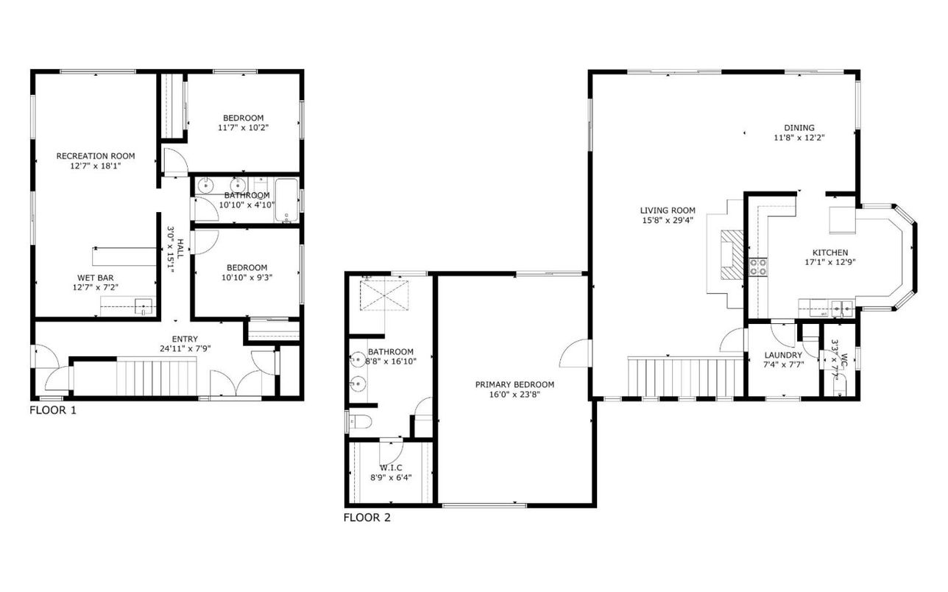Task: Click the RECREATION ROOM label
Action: click(96, 156)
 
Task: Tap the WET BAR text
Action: click(96, 278)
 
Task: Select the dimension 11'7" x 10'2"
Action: click(243, 127)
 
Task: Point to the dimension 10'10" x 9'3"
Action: click(246, 278)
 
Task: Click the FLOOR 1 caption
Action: click(53, 410)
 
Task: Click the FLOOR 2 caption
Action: click(367, 518)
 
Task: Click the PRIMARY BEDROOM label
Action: click(514, 384)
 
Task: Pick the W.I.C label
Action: click(390, 467)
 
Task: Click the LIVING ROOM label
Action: click(667, 211)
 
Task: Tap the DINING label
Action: click(799, 127)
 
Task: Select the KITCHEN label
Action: click(829, 252)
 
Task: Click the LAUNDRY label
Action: click(782, 355)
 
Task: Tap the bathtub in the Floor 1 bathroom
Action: click(287, 200)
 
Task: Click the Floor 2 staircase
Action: click(685, 376)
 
